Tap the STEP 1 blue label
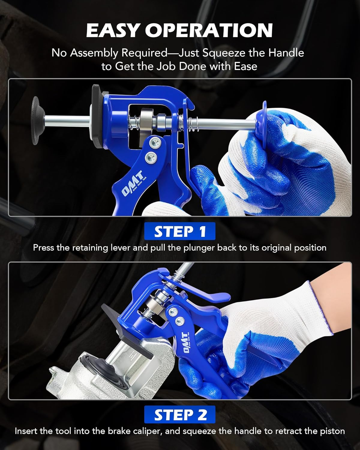pos(180,231)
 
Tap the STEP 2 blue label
pos(180,415)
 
